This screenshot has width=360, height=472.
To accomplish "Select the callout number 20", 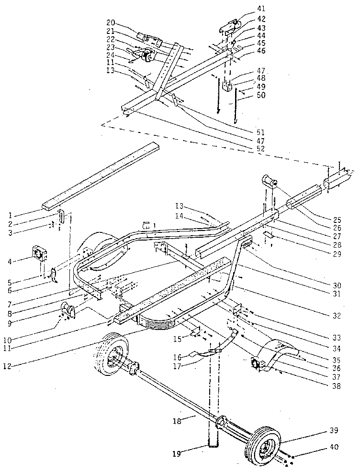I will (x=111, y=22).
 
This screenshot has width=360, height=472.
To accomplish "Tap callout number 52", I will (x=260, y=149).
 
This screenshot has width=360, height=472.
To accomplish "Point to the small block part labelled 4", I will (x=39, y=252).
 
